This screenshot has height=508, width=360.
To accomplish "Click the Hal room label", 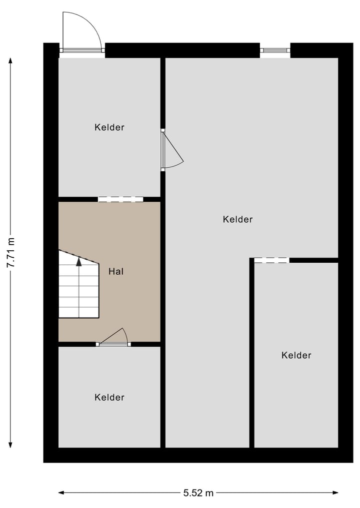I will coord(116,272).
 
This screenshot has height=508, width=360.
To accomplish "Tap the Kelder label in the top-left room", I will coord(109,127).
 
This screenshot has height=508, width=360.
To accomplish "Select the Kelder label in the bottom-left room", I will coord(109,398).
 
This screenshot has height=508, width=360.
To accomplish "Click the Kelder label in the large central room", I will coord(238,219).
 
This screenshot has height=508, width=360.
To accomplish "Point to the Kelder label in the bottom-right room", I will coord(296,356).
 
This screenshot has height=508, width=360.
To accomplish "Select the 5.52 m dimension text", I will coord(198,493).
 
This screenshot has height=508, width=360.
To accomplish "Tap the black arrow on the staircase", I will coord(78,261).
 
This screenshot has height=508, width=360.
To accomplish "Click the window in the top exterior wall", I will coord(275,50).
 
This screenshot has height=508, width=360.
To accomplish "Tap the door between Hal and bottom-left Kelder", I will coord(114,339).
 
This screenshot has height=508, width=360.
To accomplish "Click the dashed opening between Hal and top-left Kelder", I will coord(120,199).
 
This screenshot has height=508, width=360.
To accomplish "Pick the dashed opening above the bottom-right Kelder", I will coord(271,260).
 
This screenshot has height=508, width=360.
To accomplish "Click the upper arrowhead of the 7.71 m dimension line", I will coord(10,61).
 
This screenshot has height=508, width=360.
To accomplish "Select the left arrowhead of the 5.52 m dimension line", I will coord(61,493).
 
